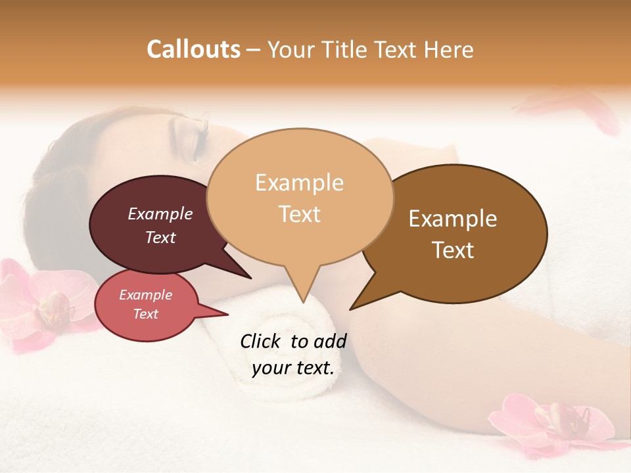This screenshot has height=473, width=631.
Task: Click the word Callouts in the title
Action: tap(193, 49)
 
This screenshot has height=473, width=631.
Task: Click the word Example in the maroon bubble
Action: tap(160, 214)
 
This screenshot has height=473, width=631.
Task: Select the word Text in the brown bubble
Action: tap(454, 250)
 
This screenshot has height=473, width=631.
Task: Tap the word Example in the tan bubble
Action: tap(299, 183)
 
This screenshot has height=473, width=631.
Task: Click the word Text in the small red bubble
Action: tap(146, 314)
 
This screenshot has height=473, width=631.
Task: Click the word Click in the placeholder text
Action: tap(261, 342)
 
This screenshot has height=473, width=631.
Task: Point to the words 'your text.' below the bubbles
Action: tap(293, 368)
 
